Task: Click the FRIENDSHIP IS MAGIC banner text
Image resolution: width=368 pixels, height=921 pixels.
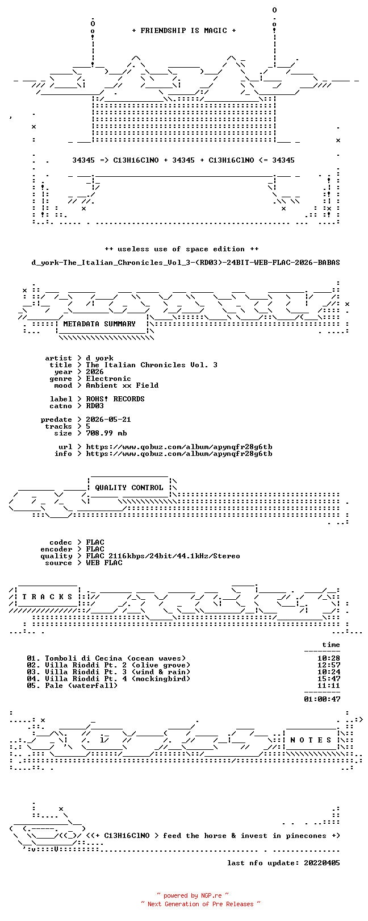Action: tap(184, 31)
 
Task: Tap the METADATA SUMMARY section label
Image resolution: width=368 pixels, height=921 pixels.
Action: tap(99, 324)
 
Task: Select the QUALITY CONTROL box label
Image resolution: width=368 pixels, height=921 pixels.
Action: tap(129, 488)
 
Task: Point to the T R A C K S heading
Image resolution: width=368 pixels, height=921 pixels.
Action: tap(47, 596)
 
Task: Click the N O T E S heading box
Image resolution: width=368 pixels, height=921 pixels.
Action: tap(311, 740)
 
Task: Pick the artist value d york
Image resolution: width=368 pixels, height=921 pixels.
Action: tap(100, 358)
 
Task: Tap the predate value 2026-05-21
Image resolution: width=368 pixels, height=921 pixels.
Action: tap(108, 420)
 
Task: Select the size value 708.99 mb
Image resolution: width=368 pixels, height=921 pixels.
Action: tap(106, 433)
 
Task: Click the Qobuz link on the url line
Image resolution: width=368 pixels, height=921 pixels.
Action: tap(179, 447)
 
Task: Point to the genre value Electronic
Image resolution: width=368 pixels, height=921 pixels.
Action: tap(108, 379)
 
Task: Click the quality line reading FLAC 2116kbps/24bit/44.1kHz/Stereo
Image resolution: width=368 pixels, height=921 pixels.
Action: tap(163, 556)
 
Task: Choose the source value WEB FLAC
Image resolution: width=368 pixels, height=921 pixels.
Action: tap(104, 563)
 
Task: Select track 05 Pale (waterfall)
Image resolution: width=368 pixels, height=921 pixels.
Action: tap(72, 686)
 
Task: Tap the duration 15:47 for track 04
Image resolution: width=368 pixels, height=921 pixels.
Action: tap(329, 679)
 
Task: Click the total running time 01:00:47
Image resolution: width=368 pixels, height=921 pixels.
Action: tap(323, 699)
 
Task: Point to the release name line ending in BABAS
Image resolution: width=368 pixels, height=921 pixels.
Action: tap(186, 263)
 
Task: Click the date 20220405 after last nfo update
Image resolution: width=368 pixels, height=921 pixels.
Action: tap(322, 863)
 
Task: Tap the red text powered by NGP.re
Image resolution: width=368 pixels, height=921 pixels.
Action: tap(193, 895)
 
